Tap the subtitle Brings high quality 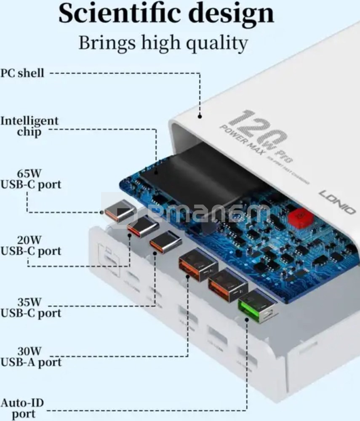[x=163, y=43]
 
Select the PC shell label [x=22, y=73]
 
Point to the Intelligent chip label [x=29, y=126]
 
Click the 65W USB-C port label [x=30, y=179]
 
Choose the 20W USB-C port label [x=30, y=245]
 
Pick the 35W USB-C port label [x=30, y=307]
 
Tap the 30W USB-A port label [x=30, y=357]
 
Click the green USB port [x=258, y=306]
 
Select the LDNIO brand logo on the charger [x=337, y=202]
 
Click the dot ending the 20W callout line [x=130, y=235]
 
